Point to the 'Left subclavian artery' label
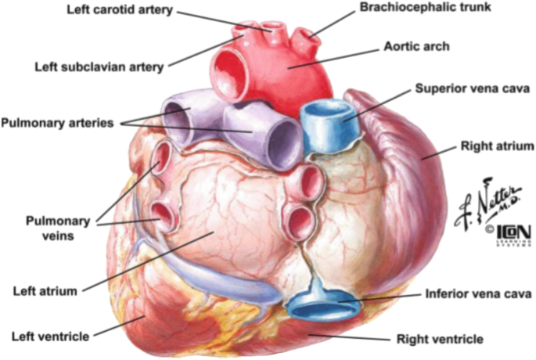[x=99, y=67]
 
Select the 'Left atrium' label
[x=45, y=291]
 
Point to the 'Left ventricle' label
[x=50, y=337]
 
